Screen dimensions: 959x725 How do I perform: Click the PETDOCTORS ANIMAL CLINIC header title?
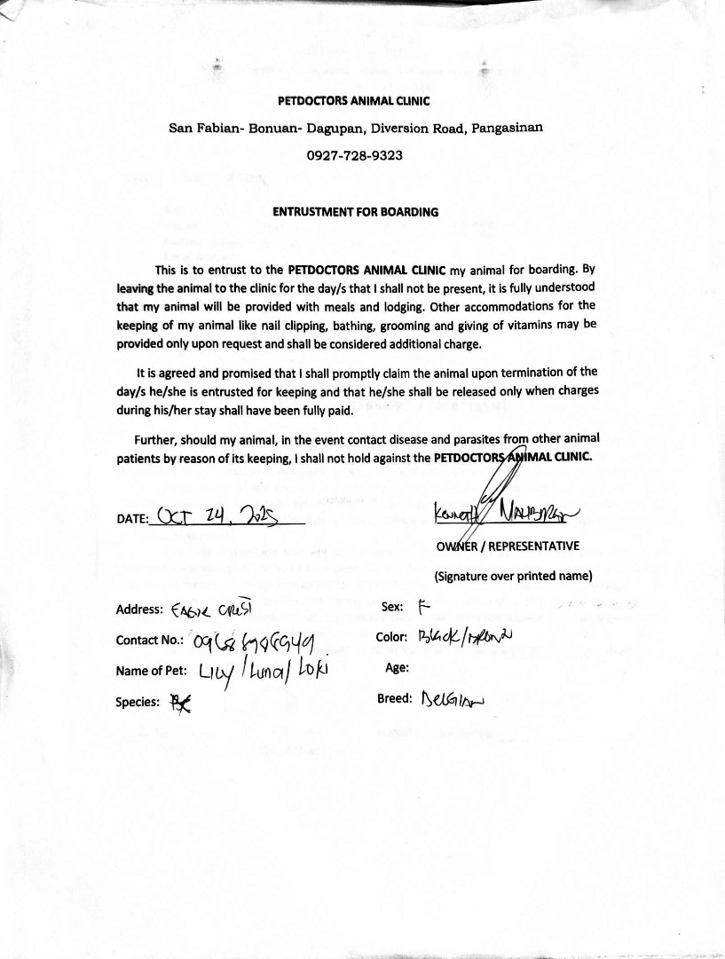pyautogui.click(x=354, y=101)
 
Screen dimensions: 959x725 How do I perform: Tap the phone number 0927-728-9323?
pyautogui.click(x=354, y=155)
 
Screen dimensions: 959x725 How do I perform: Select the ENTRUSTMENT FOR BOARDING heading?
pyautogui.click(x=355, y=212)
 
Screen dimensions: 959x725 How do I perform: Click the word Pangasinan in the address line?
pyautogui.click(x=508, y=127)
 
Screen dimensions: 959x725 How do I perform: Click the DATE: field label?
pyautogui.click(x=133, y=521)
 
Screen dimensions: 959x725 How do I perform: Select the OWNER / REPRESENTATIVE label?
pyautogui.click(x=508, y=546)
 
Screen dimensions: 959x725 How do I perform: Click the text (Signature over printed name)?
pyautogui.click(x=513, y=575)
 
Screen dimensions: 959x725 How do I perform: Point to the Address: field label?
pyautogui.click(x=139, y=609)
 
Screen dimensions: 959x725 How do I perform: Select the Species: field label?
pyautogui.click(x=138, y=702)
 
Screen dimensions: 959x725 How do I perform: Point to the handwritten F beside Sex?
pyautogui.click(x=422, y=607)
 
